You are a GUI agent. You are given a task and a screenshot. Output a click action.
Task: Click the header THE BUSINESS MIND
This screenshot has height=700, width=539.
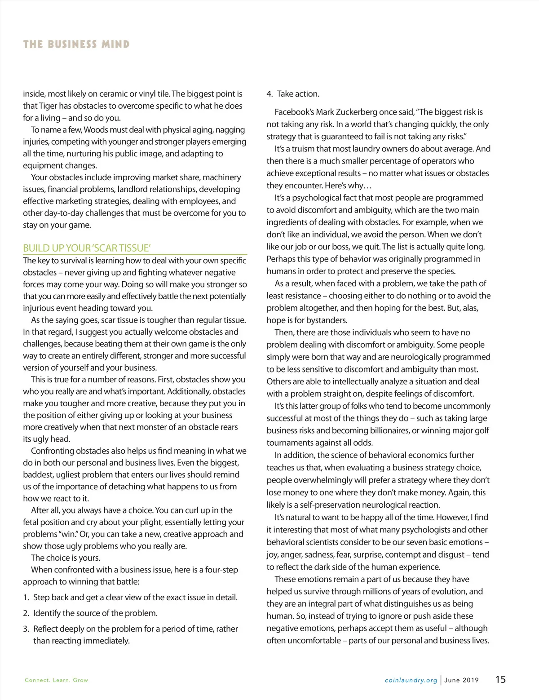(76, 44)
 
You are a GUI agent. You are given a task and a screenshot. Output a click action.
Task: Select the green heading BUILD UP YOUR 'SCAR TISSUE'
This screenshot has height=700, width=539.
(87, 248)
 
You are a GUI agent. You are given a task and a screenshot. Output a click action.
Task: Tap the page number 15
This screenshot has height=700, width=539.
(500, 679)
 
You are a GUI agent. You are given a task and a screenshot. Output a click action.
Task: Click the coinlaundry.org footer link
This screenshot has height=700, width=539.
(411, 680)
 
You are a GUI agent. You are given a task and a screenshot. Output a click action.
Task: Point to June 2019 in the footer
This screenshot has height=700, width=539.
(461, 680)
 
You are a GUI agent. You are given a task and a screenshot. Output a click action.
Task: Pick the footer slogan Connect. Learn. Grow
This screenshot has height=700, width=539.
(57, 680)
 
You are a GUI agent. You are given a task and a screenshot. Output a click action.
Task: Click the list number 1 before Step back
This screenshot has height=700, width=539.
(26, 598)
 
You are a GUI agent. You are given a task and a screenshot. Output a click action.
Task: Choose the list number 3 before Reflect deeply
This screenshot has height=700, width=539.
(26, 629)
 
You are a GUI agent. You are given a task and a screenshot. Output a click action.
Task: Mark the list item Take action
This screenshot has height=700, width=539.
(298, 94)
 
